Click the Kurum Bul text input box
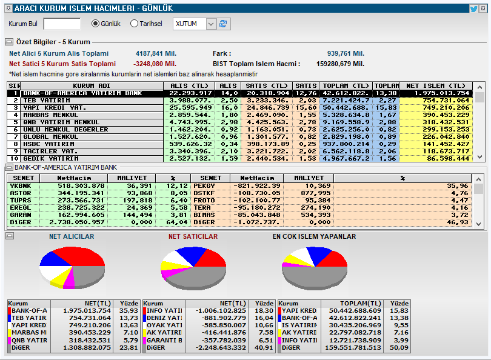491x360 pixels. pyautogui.click(x=62, y=24)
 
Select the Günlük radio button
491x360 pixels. pyautogui.click(x=95, y=24)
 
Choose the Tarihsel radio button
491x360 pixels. pyautogui.click(x=134, y=24)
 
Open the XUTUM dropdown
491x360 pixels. pyautogui.click(x=211, y=24)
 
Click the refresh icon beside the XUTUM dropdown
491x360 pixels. pyautogui.click(x=223, y=24)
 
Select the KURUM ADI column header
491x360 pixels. pyautogui.click(x=92, y=85)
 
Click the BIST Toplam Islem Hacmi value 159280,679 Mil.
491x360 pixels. pyautogui.click(x=340, y=63)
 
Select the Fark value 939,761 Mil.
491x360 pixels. pyautogui.click(x=346, y=53)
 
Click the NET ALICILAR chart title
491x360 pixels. pyautogui.click(x=72, y=236)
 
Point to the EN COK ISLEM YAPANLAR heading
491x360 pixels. pyautogui.click(x=314, y=236)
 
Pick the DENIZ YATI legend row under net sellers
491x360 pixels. pyautogui.click(x=164, y=318)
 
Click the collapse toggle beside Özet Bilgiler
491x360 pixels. pyautogui.click(x=9, y=42)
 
